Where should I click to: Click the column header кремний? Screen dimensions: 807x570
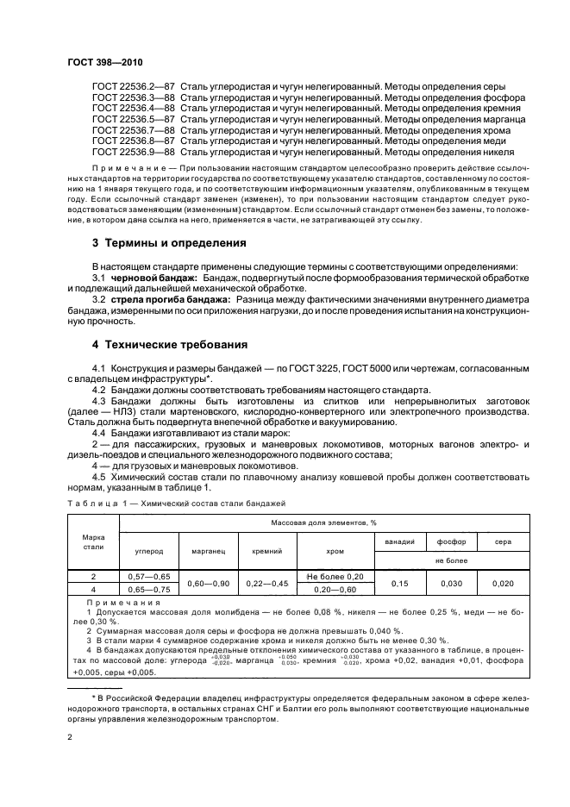click(x=267, y=549)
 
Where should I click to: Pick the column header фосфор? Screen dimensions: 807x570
click(x=449, y=541)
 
